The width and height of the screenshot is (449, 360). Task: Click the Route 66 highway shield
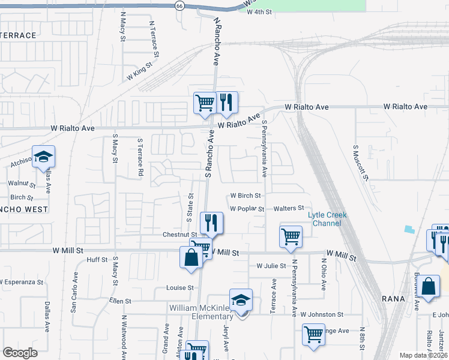click(179, 5)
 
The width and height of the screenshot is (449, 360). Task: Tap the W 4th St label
click(259, 11)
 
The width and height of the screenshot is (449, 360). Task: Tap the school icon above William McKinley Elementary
click(241, 300)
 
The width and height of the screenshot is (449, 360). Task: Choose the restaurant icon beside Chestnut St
click(211, 223)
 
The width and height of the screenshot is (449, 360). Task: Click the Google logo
click(20, 353)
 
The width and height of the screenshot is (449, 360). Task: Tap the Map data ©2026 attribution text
click(423, 355)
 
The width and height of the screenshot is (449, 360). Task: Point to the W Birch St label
click(246, 196)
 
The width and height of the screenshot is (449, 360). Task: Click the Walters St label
click(289, 208)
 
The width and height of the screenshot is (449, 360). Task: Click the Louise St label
click(180, 287)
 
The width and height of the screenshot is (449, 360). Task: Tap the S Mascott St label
click(360, 163)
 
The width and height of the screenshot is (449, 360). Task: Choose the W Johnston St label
click(322, 314)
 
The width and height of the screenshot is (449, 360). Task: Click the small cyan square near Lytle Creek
click(409, 229)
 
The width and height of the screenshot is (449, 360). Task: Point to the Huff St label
click(97, 260)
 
